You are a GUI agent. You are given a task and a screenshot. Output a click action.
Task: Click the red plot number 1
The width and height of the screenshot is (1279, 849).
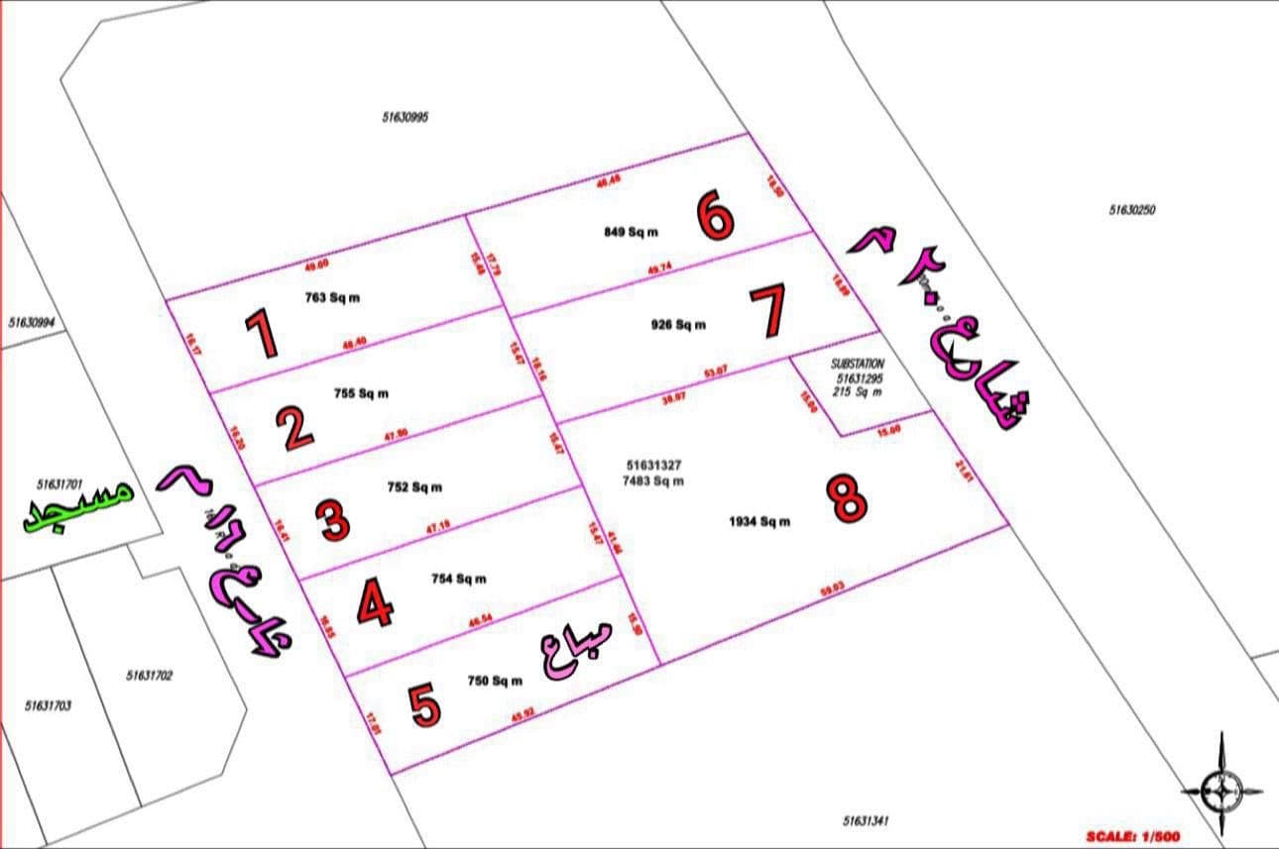pyautogui.click(x=262, y=334)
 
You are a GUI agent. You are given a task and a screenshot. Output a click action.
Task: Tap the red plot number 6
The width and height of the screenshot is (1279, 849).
pyautogui.click(x=715, y=216)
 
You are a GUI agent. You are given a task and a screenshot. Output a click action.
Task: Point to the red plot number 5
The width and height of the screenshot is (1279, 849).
pyautogui.click(x=424, y=704)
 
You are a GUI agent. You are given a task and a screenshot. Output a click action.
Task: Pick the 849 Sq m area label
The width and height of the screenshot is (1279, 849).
pyautogui.click(x=631, y=233)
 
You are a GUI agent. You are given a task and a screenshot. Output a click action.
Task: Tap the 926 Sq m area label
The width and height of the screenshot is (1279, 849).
pyautogui.click(x=679, y=325)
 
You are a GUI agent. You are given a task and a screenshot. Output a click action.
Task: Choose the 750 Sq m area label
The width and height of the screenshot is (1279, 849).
pyautogui.click(x=495, y=681)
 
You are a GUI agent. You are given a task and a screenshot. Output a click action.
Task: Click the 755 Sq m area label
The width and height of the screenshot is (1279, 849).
pyautogui.click(x=361, y=393)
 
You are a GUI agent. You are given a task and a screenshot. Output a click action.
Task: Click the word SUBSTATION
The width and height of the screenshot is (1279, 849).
pyautogui.click(x=860, y=365)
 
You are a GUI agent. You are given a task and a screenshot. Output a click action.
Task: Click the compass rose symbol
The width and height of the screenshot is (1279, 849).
pyautogui.click(x=1221, y=790)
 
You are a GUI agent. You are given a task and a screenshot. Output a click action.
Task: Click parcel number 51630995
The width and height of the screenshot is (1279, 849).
pyautogui.click(x=405, y=117)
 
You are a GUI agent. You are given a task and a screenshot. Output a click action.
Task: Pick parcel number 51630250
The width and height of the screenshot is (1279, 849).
pyautogui.click(x=1132, y=210)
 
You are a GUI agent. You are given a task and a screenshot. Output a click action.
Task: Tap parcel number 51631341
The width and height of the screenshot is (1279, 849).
pyautogui.click(x=868, y=821)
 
